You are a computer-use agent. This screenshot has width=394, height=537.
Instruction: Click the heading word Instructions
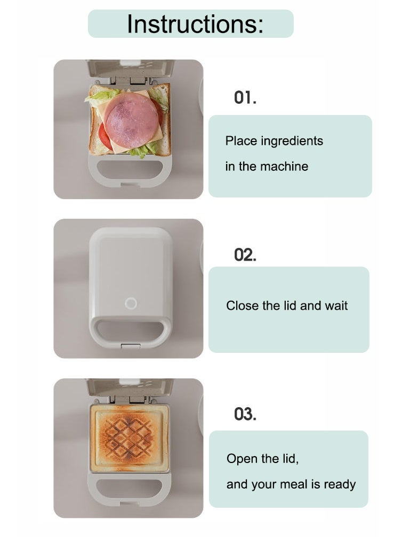point(195,24)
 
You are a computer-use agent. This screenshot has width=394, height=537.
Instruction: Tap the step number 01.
point(245,98)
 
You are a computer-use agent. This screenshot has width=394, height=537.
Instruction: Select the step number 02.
point(245,255)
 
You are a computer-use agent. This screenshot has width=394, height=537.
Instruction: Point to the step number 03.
point(245,414)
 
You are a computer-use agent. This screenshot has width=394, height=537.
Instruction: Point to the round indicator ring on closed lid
point(131,303)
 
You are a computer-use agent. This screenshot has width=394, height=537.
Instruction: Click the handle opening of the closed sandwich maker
point(130,331)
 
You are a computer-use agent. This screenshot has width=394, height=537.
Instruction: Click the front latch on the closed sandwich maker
point(130,346)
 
